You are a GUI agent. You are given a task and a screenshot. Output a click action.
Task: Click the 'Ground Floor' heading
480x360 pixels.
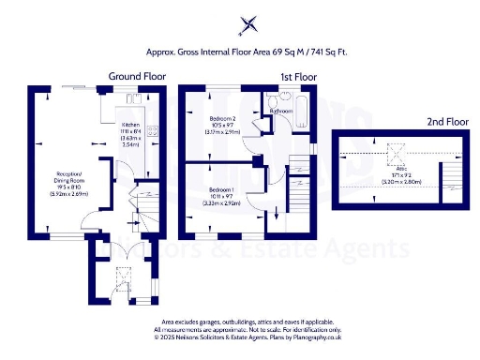(x=137, y=75)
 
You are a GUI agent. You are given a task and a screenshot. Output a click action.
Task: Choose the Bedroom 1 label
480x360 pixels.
(x=223, y=188)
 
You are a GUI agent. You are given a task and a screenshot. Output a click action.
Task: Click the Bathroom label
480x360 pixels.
(x=282, y=111)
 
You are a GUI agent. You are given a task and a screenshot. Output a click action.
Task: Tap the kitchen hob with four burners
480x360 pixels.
(x=156, y=132)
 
